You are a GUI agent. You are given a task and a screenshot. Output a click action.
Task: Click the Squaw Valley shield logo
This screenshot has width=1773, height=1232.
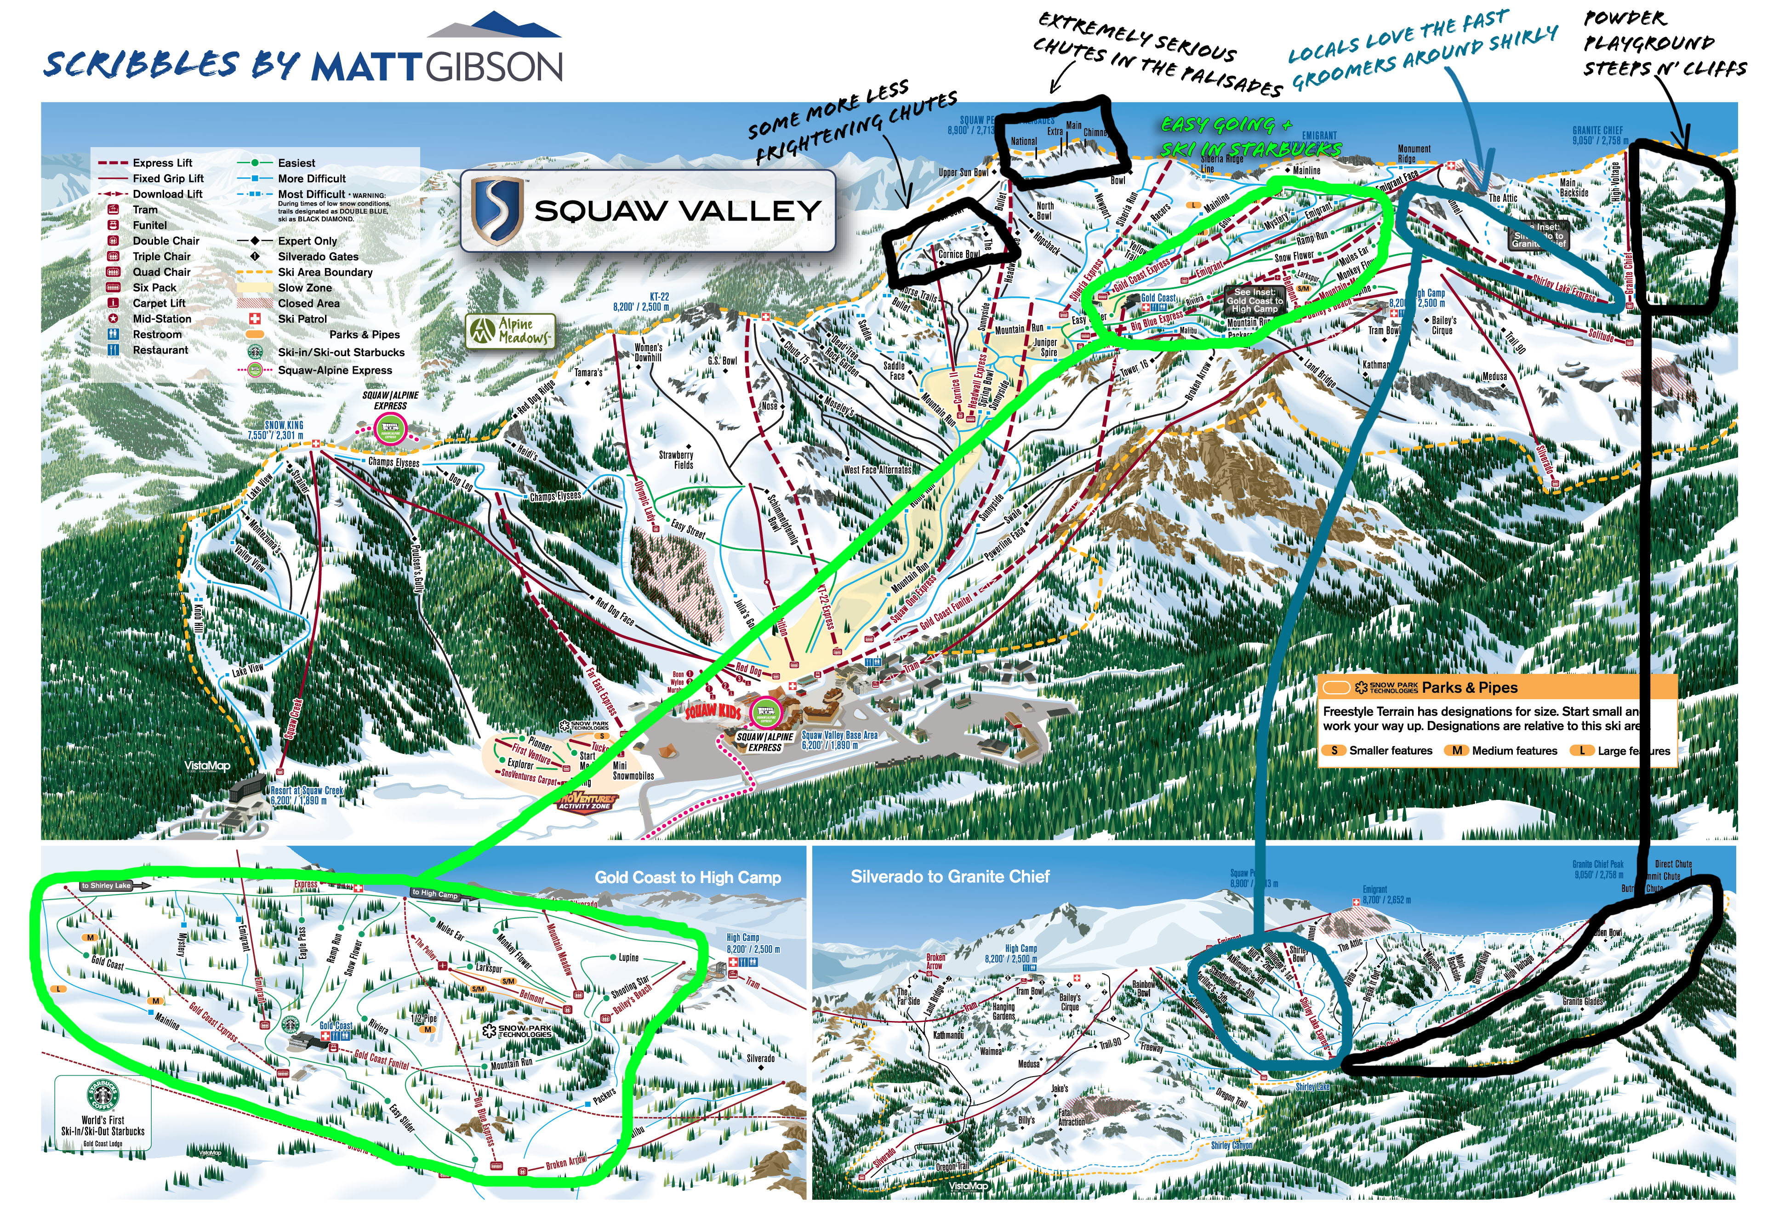pos(497,211)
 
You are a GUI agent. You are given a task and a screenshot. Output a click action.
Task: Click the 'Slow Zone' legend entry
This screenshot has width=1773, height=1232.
pos(304,287)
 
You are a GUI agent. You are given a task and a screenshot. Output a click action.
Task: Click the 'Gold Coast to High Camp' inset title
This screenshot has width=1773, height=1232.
pos(687,877)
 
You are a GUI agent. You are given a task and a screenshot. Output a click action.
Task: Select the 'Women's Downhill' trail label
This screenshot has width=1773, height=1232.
pos(648,352)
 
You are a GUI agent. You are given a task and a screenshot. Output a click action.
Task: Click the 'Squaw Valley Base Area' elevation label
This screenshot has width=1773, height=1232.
pos(839,740)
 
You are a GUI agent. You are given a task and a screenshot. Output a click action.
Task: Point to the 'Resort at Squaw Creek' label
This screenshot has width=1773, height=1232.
pos(307,795)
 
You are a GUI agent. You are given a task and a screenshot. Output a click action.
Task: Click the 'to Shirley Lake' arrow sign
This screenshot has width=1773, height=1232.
pos(114,885)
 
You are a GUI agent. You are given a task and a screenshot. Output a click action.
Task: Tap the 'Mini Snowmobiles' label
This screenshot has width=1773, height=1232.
pos(633,770)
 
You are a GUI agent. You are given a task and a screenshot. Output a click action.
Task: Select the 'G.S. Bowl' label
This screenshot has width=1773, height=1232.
pos(723,360)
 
